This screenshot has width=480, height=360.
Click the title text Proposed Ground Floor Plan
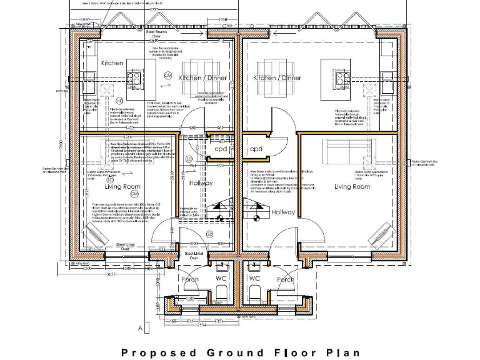tap(237, 352)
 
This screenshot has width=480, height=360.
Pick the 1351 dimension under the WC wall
tap(219, 321)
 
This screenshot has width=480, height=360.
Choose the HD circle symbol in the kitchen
tap(119, 101)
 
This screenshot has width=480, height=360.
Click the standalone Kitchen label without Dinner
tap(113, 64)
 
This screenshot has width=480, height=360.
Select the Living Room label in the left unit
tap(121, 186)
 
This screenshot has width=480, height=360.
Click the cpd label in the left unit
tap(221, 150)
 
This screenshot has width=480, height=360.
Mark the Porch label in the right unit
tap(285, 279)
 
